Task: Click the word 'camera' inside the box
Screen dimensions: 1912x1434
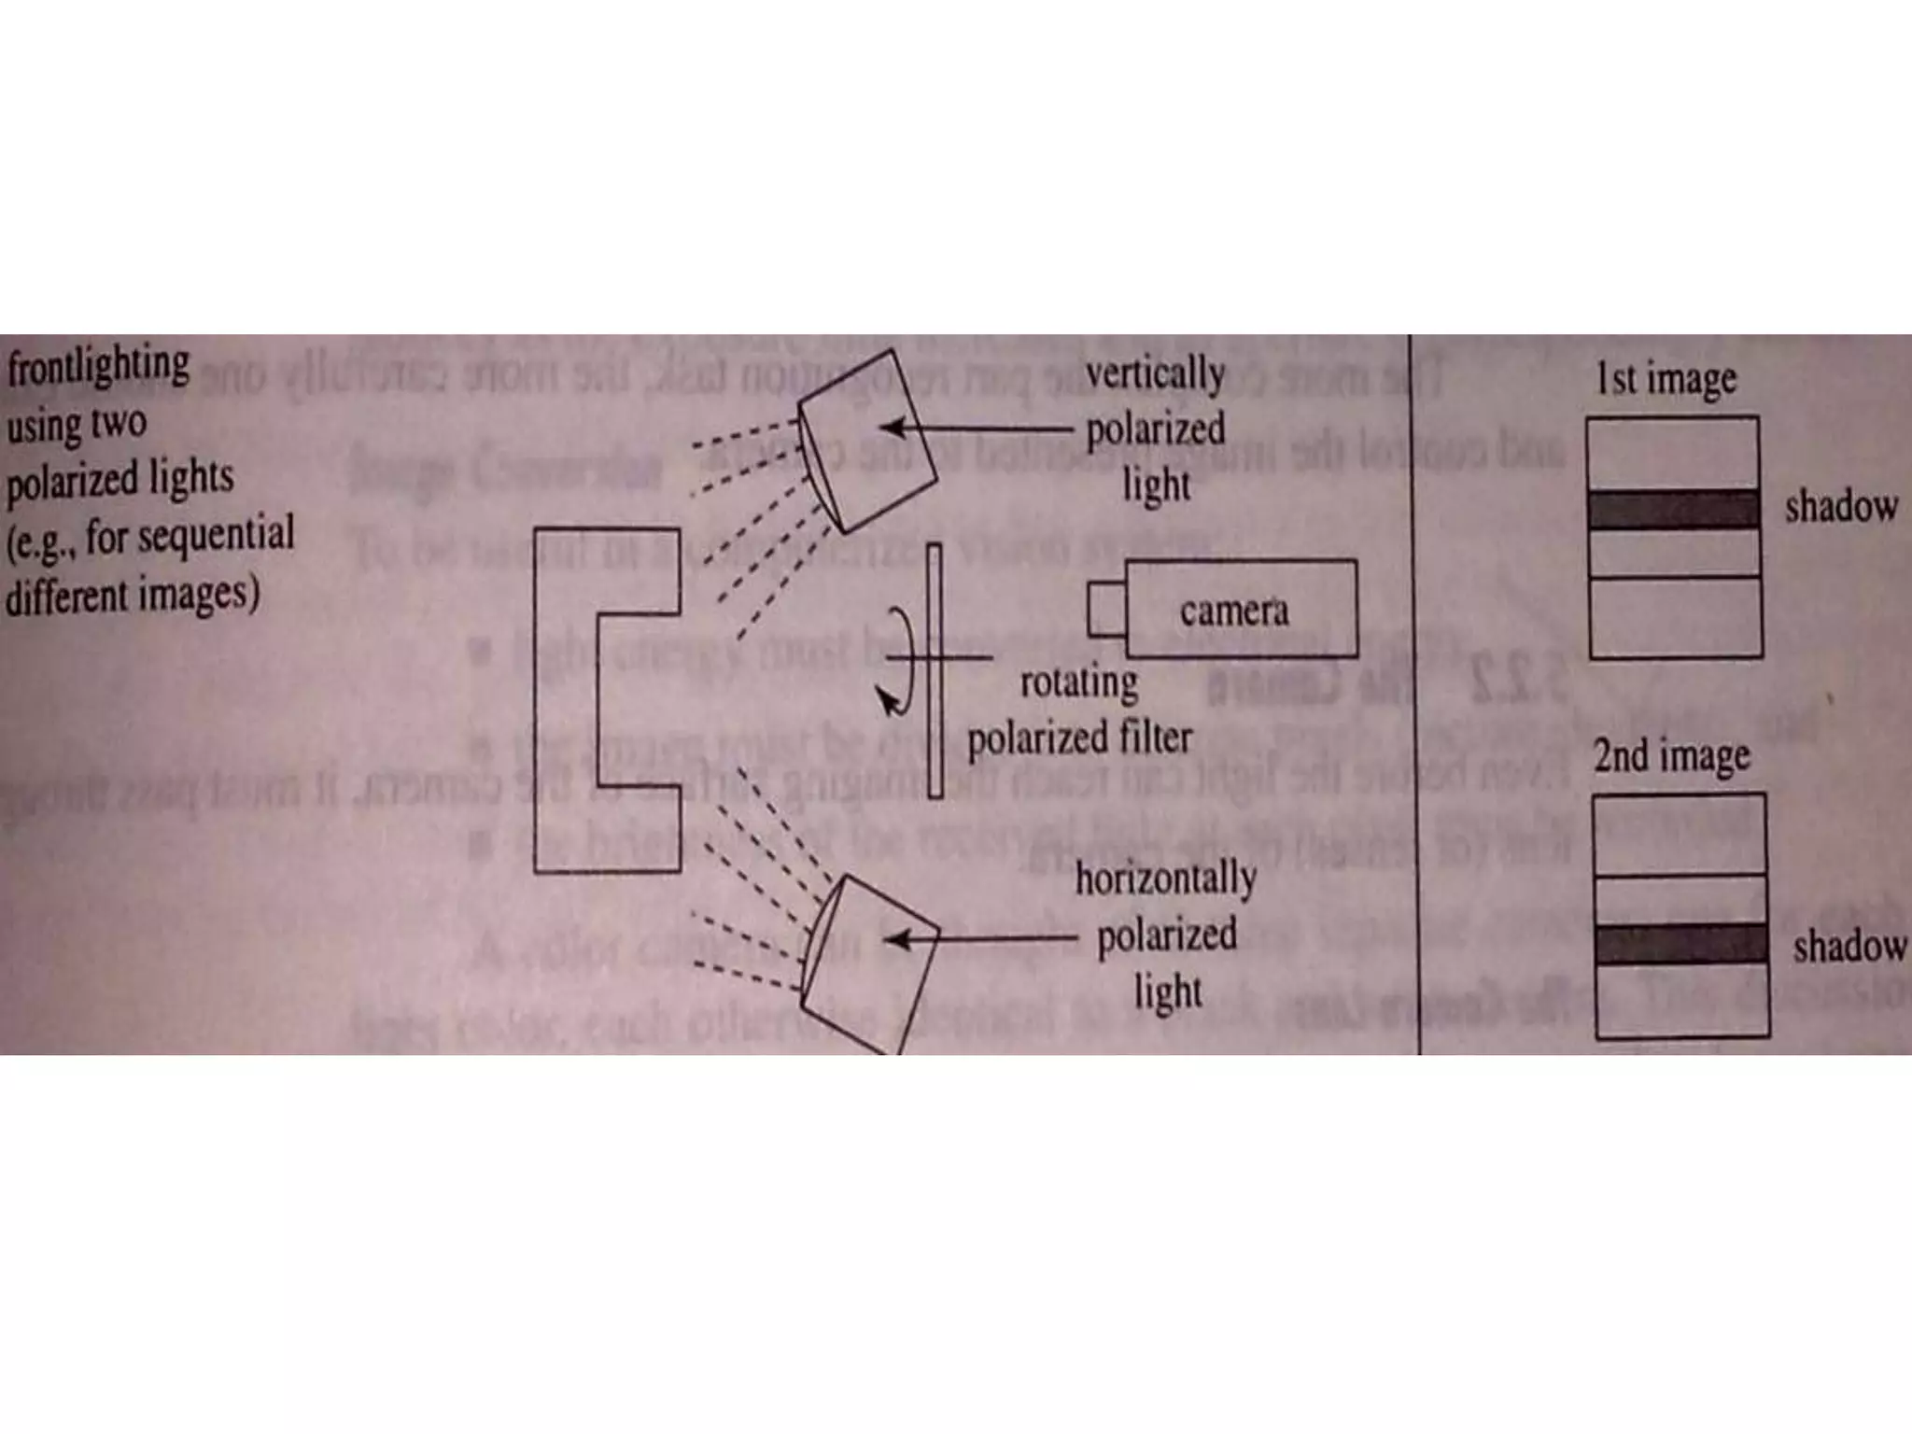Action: [x=1233, y=612]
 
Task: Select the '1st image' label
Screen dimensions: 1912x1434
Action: [x=1666, y=379]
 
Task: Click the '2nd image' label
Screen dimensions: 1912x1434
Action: [x=1671, y=756]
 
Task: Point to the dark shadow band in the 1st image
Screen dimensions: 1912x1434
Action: [x=1674, y=510]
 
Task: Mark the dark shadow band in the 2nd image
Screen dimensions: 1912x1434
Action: [x=1680, y=945]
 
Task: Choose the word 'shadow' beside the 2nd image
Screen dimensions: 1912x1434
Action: [x=1849, y=947]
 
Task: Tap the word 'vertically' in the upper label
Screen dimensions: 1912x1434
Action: [x=1155, y=375]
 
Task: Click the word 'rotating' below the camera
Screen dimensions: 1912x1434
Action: [x=1079, y=682]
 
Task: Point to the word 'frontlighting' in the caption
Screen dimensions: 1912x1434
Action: [x=99, y=365]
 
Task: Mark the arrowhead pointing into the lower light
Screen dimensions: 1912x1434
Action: [x=897, y=938]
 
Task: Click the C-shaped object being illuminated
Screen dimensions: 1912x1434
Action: [x=566, y=700]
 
